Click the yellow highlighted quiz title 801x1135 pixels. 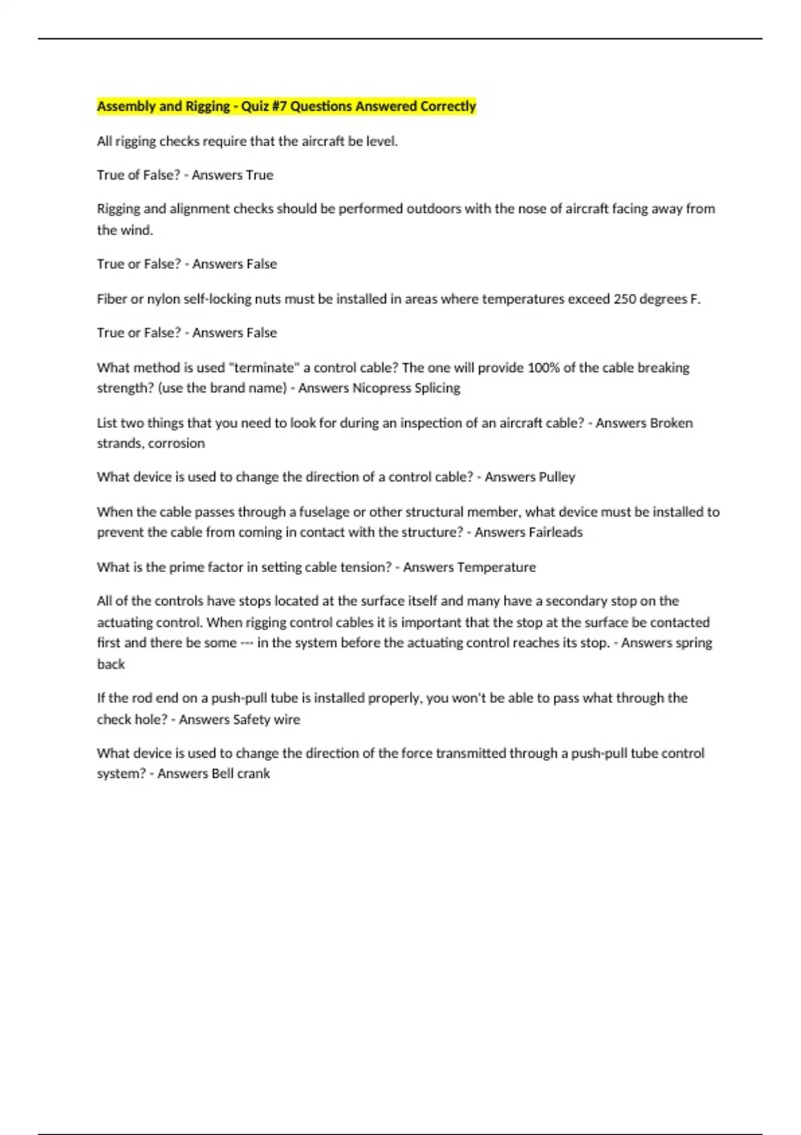(x=286, y=106)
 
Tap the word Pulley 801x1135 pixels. (x=557, y=477)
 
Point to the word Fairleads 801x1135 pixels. (x=555, y=532)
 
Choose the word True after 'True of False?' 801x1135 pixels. (x=259, y=175)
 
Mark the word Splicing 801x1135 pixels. (x=437, y=388)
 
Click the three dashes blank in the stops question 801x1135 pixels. (x=246, y=643)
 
